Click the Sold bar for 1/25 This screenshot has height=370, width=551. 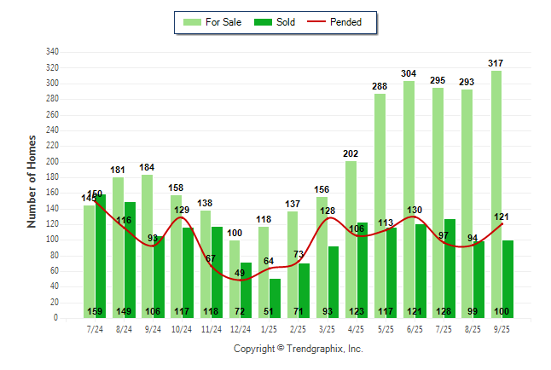point(275,294)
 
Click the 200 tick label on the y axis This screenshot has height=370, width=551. point(52,161)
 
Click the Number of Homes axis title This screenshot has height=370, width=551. point(32,181)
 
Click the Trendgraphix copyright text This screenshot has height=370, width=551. point(299,349)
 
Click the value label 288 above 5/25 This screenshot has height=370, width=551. point(380,86)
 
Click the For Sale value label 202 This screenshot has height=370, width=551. point(351,153)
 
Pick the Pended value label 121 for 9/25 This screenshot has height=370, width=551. point(501,217)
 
